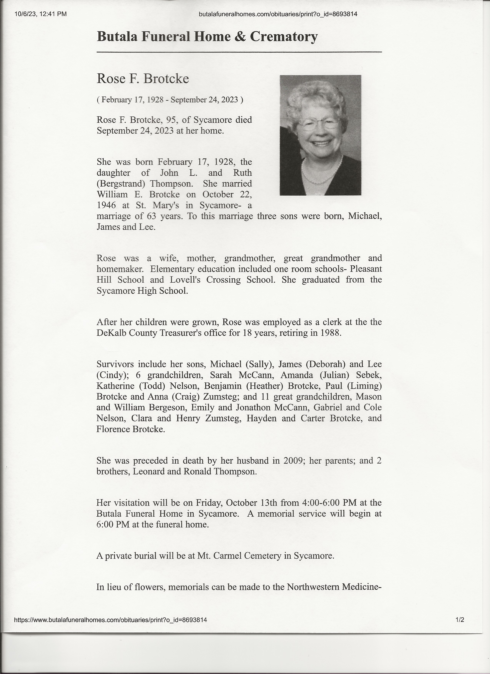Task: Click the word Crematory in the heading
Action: [x=284, y=37]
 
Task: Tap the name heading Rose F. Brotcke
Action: [x=143, y=79]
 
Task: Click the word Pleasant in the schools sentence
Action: [x=366, y=269]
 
